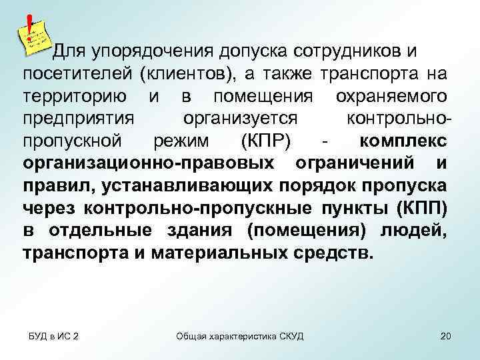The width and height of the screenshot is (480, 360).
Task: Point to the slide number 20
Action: pos(445,335)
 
